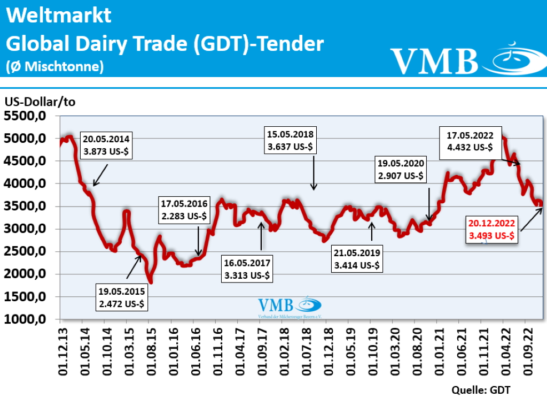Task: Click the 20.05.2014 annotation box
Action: tap(106, 145)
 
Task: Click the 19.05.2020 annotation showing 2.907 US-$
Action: tap(400, 169)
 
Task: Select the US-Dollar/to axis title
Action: tap(41, 102)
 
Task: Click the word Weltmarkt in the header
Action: tap(59, 15)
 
